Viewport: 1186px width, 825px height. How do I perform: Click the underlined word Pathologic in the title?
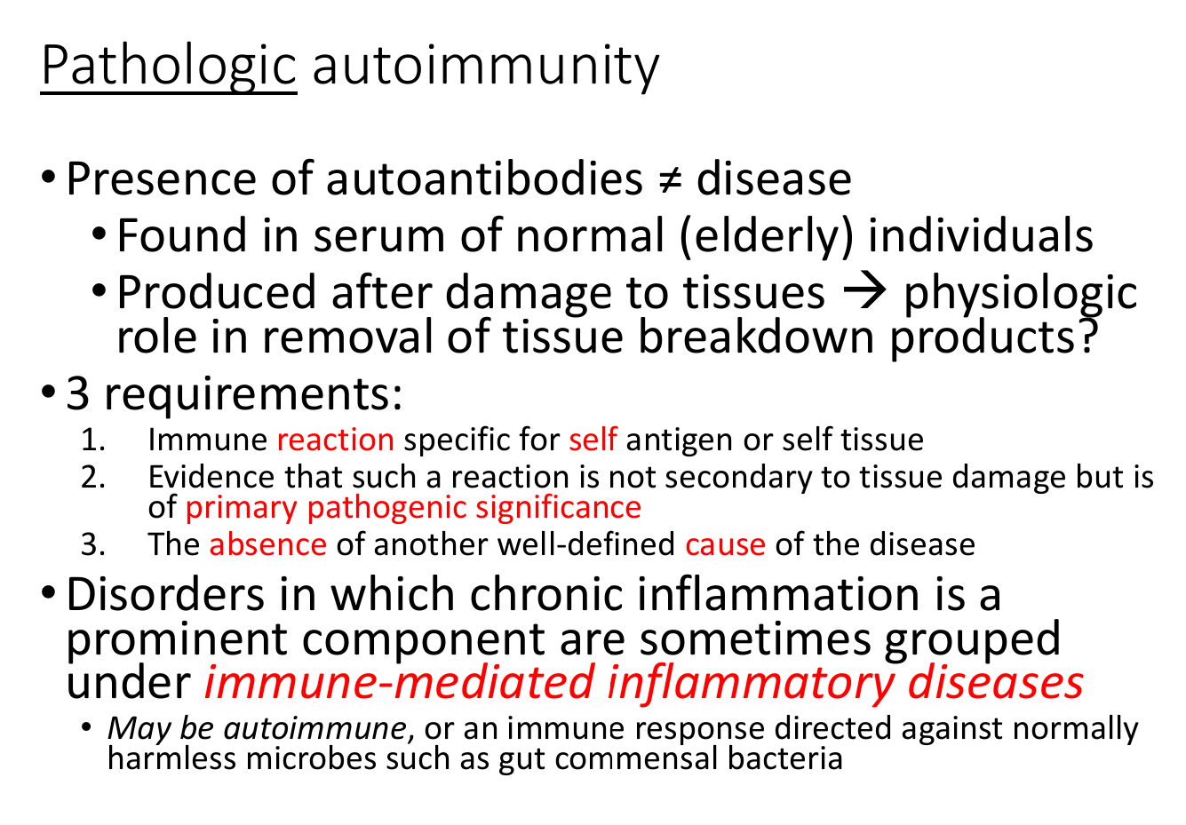[x=169, y=67]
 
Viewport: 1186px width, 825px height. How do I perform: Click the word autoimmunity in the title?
[x=486, y=67]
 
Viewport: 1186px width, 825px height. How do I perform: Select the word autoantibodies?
[x=483, y=178]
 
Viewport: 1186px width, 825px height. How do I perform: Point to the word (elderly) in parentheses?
[x=766, y=236]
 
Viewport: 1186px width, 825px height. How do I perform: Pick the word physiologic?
[x=1020, y=294]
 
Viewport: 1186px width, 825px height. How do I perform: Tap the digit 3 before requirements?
[x=77, y=393]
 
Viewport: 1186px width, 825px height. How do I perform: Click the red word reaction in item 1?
[x=336, y=440]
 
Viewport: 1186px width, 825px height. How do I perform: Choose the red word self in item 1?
[x=593, y=439]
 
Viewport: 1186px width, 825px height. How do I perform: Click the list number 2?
[x=93, y=477]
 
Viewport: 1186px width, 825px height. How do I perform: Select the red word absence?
[x=268, y=544]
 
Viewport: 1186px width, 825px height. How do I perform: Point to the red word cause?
[x=725, y=544]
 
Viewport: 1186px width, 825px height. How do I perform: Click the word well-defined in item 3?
[x=586, y=544]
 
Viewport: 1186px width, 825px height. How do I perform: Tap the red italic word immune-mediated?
[x=399, y=682]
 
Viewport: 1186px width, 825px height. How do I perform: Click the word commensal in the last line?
[x=636, y=759]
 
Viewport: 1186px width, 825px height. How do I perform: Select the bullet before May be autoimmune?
[x=87, y=727]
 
